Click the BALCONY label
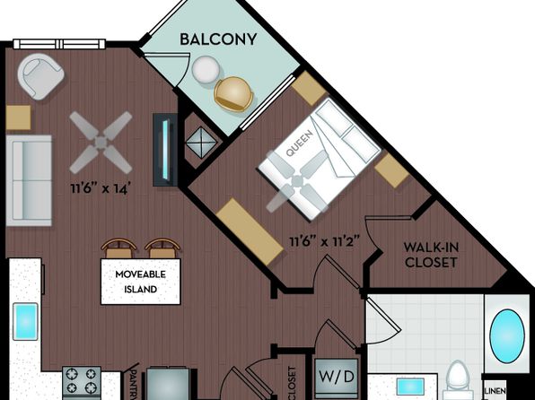[218, 39]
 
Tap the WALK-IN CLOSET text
[431, 255]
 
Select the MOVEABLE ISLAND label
[141, 282]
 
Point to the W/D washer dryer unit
[336, 378]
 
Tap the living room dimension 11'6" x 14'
[101, 188]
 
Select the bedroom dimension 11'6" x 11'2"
[324, 241]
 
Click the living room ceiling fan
[101, 143]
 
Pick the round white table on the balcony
[206, 69]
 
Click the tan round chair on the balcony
[233, 94]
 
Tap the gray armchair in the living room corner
[40, 76]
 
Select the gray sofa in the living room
[29, 180]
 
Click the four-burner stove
[82, 382]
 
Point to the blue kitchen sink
[25, 321]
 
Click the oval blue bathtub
[507, 336]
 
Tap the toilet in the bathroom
[457, 379]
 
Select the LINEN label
[496, 391]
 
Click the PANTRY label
[135, 385]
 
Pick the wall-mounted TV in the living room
[165, 150]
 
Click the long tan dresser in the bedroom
[250, 231]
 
